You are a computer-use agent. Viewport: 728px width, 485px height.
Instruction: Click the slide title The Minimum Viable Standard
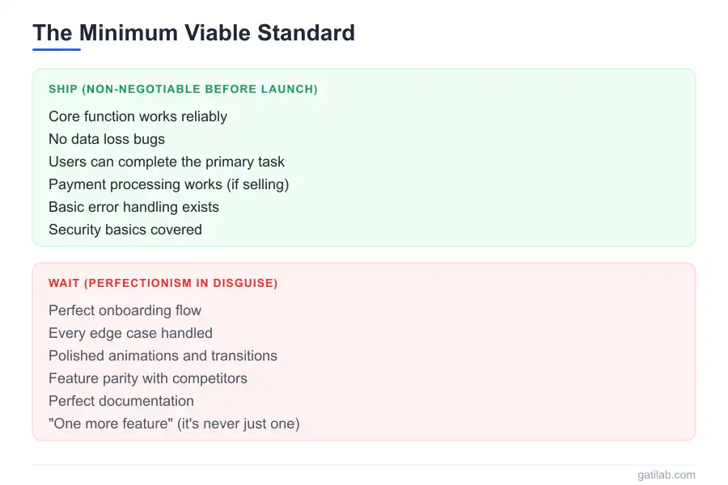pos(193,33)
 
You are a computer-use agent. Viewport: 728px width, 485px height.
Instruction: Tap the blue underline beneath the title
pos(57,49)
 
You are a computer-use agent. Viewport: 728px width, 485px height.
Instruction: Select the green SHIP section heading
pos(183,89)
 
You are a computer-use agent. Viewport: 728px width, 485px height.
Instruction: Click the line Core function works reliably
pos(138,116)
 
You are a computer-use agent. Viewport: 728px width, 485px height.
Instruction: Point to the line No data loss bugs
pos(107,139)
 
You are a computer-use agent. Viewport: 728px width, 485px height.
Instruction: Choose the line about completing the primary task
pos(167,162)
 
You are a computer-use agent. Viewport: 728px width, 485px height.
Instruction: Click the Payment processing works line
pos(168,184)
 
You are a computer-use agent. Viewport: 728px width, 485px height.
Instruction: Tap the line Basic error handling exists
pos(133,207)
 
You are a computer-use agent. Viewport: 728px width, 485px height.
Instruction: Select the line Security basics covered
pos(125,230)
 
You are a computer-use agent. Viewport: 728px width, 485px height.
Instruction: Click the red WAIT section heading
pos(163,283)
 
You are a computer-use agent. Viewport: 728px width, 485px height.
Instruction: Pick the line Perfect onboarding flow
pos(125,310)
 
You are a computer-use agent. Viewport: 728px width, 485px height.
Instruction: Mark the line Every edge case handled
pos(130,333)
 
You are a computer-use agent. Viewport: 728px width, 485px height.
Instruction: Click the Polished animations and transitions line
pos(163,356)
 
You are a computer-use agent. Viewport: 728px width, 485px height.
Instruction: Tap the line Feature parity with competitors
pos(148,378)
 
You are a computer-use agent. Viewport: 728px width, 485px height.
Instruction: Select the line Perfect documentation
pos(121,401)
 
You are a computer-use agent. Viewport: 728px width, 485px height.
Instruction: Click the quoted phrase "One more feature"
pos(111,424)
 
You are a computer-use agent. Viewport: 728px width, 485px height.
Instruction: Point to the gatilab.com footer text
pos(666,475)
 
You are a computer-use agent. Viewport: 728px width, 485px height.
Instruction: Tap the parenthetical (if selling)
pos(259,184)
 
